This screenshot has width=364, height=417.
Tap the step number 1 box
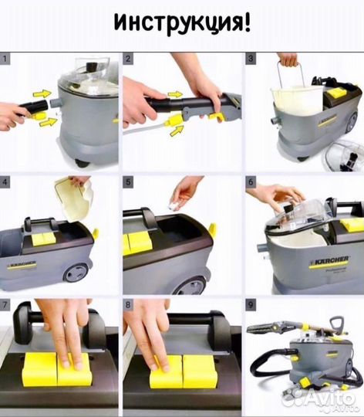click(5, 58)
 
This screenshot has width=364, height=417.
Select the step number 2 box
click(128, 58)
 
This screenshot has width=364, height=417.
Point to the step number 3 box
click(251, 58)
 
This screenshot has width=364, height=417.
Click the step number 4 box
click(5, 181)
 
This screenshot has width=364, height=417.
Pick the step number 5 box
click(128, 181)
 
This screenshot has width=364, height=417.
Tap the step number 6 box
click(251, 181)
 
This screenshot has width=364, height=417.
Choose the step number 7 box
click(5, 304)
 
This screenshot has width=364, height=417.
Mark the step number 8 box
click(128, 304)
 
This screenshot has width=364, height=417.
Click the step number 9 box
click(251, 304)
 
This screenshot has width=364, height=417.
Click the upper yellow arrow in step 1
click(42, 93)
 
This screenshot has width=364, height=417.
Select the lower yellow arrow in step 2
click(177, 131)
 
